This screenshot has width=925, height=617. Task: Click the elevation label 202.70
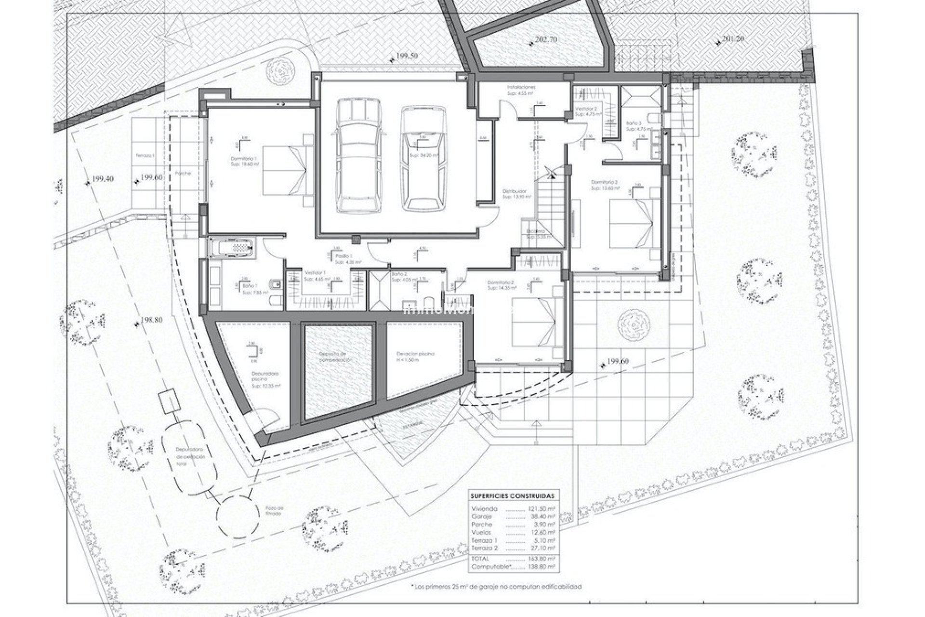coord(545,40)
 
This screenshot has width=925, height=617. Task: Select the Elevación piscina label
coord(413,353)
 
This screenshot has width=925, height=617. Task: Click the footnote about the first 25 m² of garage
coord(496,587)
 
